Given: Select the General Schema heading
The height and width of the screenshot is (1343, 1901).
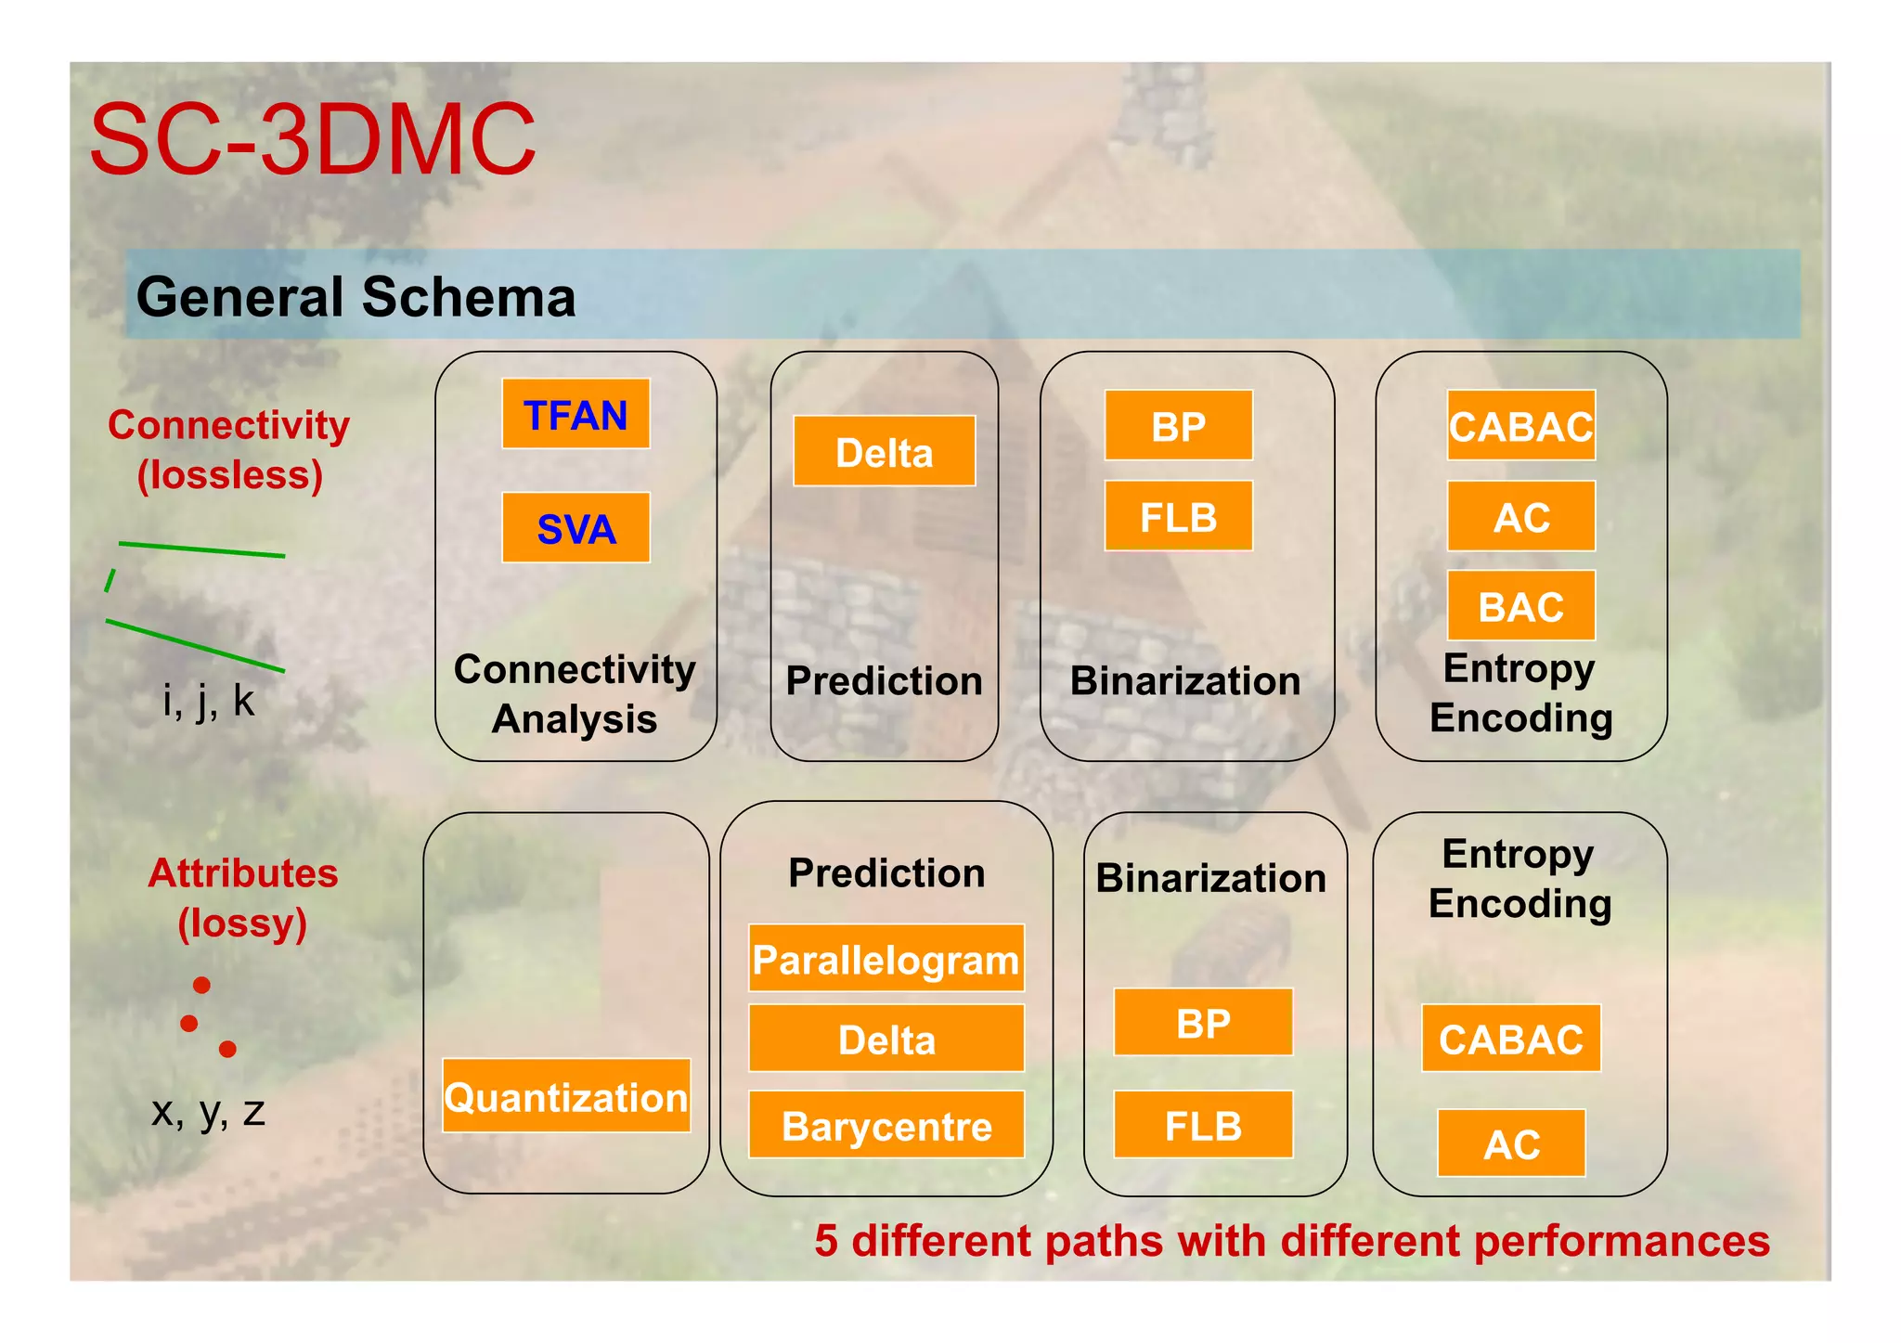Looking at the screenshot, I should click(x=356, y=297).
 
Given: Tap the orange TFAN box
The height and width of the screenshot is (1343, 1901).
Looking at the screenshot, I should click(x=575, y=414).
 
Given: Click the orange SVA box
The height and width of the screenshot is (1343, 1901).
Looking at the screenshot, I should click(x=575, y=528).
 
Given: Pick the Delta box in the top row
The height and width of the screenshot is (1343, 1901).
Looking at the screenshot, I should click(x=884, y=452).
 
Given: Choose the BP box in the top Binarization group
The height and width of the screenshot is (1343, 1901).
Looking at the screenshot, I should click(x=1178, y=426).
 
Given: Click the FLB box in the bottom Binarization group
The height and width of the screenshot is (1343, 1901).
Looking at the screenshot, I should click(x=1203, y=1125).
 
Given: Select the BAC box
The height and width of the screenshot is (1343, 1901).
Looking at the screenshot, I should click(x=1520, y=606).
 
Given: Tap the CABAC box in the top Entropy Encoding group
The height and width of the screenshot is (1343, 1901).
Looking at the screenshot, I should click(x=1520, y=426).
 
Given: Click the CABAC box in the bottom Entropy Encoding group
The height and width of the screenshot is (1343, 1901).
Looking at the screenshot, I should click(x=1510, y=1039).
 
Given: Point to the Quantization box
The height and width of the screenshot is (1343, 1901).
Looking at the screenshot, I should click(x=566, y=1096).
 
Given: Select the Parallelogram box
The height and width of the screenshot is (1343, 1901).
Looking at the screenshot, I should click(x=886, y=959).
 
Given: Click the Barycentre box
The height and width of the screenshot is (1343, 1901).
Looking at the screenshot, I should click(x=886, y=1125).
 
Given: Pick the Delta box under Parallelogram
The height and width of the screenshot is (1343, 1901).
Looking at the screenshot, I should click(x=886, y=1039).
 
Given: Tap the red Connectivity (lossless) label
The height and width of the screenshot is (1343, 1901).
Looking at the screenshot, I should click(x=229, y=450).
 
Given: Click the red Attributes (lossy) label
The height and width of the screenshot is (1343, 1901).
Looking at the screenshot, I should click(x=242, y=897).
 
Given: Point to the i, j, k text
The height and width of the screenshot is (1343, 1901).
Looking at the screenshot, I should click(x=208, y=700).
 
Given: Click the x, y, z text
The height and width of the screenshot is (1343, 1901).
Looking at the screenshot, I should click(x=208, y=1111).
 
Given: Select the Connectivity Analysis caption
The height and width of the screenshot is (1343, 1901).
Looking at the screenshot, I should click(x=575, y=693).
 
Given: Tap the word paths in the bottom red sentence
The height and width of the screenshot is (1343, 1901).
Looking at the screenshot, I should click(x=1104, y=1241).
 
